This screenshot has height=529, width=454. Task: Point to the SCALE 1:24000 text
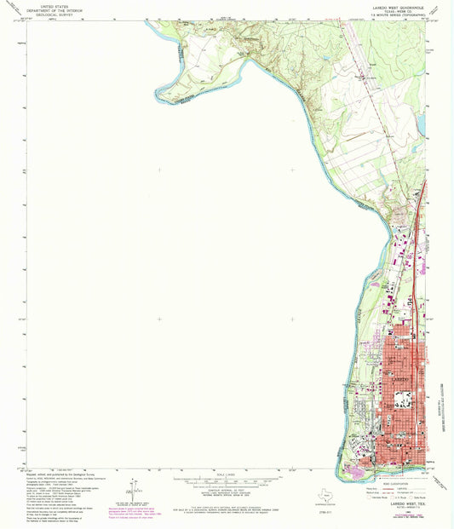pos(227,474)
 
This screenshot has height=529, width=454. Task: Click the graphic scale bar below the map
pos(227,480)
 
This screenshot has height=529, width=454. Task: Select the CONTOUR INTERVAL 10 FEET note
pos(227,490)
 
